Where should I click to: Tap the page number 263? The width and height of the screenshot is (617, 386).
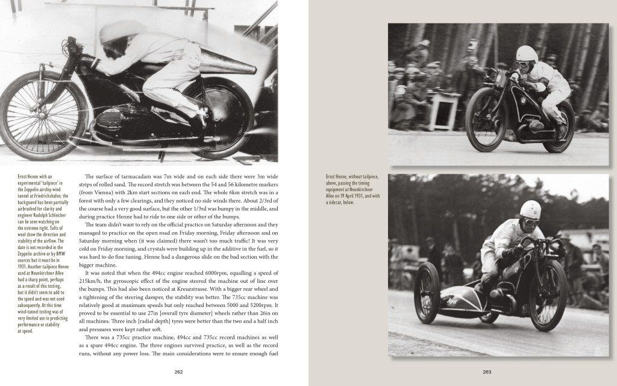[487, 372]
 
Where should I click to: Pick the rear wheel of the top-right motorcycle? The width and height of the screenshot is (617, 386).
[559, 127]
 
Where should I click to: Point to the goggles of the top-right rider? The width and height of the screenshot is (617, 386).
[527, 57]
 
